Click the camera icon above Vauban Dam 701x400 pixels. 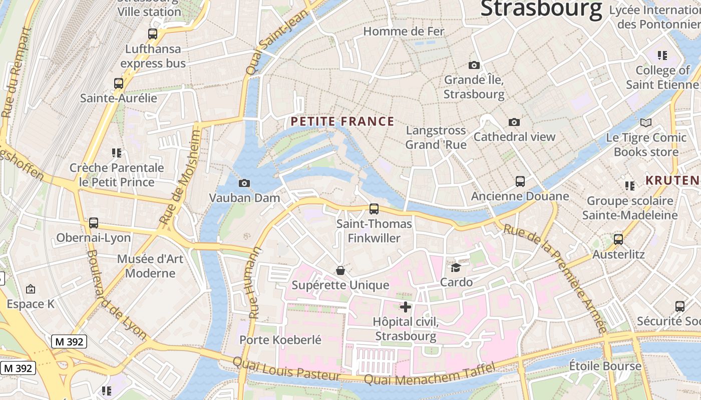244,183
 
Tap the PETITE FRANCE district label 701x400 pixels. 342,121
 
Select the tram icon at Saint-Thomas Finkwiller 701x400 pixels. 374,209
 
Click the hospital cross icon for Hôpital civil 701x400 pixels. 406,307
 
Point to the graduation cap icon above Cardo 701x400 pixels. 456,268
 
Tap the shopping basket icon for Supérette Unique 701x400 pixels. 340,270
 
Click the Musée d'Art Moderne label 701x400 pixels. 150,266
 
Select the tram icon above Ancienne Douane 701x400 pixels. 520,181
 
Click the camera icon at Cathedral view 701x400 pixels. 514,122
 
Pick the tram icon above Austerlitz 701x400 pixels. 618,239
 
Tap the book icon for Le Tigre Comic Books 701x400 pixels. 646,122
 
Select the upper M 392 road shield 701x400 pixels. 69,342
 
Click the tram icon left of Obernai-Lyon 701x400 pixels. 94,223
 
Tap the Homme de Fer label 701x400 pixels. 404,31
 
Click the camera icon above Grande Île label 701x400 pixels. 474,65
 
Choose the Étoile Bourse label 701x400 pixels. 605,366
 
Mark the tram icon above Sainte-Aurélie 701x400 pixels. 119,83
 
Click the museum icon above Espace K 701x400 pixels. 30,289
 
